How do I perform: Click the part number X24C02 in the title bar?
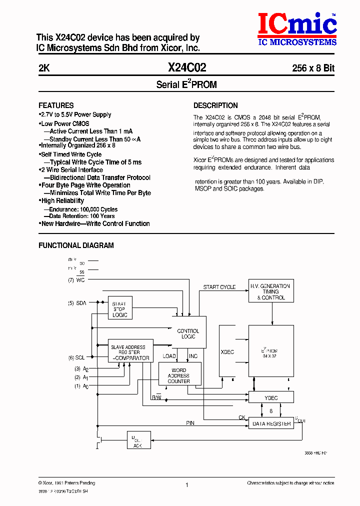click(187, 68)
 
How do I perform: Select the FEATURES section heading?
click(56, 105)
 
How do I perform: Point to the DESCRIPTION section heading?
click(215, 105)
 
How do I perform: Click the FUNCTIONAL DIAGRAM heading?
click(76, 245)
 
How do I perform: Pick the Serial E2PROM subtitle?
click(186, 84)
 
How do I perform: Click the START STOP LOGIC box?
click(119, 309)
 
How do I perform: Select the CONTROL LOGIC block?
click(188, 333)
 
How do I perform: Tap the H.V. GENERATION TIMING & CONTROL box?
click(271, 291)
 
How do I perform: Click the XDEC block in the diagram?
click(227, 352)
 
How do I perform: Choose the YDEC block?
click(271, 397)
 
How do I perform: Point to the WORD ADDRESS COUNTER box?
click(178, 375)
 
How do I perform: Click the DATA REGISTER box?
click(271, 423)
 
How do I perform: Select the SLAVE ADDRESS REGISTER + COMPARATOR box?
click(130, 352)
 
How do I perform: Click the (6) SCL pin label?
click(77, 357)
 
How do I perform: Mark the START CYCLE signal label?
click(219, 287)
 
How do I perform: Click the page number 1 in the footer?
click(186, 485)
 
